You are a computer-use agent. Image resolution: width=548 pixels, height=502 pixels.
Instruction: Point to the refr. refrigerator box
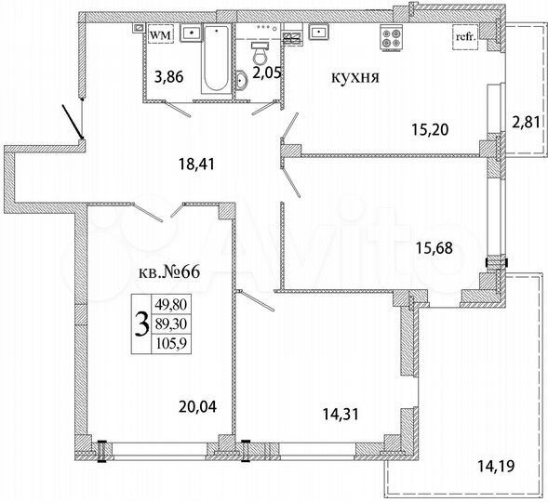click(463, 36)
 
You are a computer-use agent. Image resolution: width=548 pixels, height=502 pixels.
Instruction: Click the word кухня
click(353, 78)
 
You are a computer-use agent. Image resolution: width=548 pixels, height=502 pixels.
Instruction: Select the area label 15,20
click(430, 129)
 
